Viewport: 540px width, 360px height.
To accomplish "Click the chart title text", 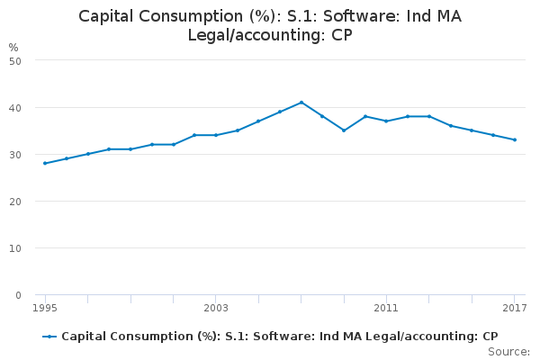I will coord(270,25).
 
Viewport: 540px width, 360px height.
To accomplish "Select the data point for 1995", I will coord(45,163).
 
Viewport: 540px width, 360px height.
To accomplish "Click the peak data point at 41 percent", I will coord(301,103).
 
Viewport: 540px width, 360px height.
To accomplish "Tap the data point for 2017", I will coord(515,139).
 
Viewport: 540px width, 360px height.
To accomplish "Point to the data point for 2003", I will coord(216,135).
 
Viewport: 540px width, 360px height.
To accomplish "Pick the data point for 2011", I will coord(386,121).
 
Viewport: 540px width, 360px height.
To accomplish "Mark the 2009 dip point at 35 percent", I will coord(344,130).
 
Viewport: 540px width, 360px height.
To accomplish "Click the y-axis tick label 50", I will coord(15,61).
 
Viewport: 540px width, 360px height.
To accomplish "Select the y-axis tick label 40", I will coord(15,108).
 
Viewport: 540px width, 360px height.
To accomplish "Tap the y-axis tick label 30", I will coord(15,155).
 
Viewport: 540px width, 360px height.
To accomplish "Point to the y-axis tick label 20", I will coord(15,202).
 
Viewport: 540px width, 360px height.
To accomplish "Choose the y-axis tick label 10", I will coord(15,248).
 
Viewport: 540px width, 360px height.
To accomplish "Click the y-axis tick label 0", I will coord(18,295).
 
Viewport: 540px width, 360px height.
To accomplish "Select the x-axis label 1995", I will coord(45,309).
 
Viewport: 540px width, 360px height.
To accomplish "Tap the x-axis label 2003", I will coord(216,309).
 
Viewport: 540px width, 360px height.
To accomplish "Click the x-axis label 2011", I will coord(386,309).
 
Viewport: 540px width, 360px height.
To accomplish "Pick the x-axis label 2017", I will coord(515,309).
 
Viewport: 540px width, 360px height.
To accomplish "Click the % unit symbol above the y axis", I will coord(13,47).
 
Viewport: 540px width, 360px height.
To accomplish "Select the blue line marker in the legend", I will coord(49,337).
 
